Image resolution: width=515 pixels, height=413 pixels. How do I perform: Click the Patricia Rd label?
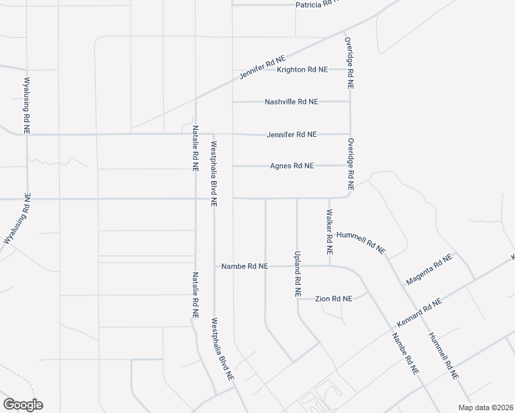318,5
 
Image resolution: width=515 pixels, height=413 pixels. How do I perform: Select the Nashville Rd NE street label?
291,101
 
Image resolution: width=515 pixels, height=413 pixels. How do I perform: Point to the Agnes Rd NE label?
292,166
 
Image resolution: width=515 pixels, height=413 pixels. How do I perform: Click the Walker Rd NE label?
330,233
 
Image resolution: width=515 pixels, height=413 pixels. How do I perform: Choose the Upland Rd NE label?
297,273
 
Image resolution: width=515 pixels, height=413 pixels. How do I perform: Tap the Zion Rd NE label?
333,299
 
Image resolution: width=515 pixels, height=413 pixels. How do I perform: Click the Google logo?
22,405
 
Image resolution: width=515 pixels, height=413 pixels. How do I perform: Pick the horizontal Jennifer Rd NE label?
292,134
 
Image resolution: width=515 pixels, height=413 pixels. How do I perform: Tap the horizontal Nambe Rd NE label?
244,266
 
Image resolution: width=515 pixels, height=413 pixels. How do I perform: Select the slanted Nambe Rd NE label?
405,353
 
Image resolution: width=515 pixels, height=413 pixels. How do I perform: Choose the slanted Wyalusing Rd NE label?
18,219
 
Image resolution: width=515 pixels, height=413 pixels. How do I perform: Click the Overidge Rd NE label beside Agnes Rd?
350,165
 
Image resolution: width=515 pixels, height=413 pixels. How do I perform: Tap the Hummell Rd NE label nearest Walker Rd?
366,242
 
